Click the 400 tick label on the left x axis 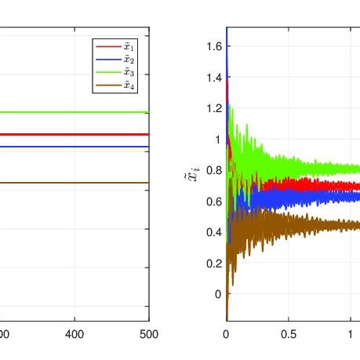click(x=75, y=334)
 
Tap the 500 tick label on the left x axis click(x=148, y=334)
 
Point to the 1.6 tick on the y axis click(x=209, y=47)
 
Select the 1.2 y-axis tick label click(x=209, y=109)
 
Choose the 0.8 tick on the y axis click(x=209, y=171)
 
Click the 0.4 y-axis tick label click(x=209, y=232)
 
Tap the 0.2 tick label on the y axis click(x=209, y=264)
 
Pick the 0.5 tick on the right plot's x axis click(x=288, y=334)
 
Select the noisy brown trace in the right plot click(x=314, y=226)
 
